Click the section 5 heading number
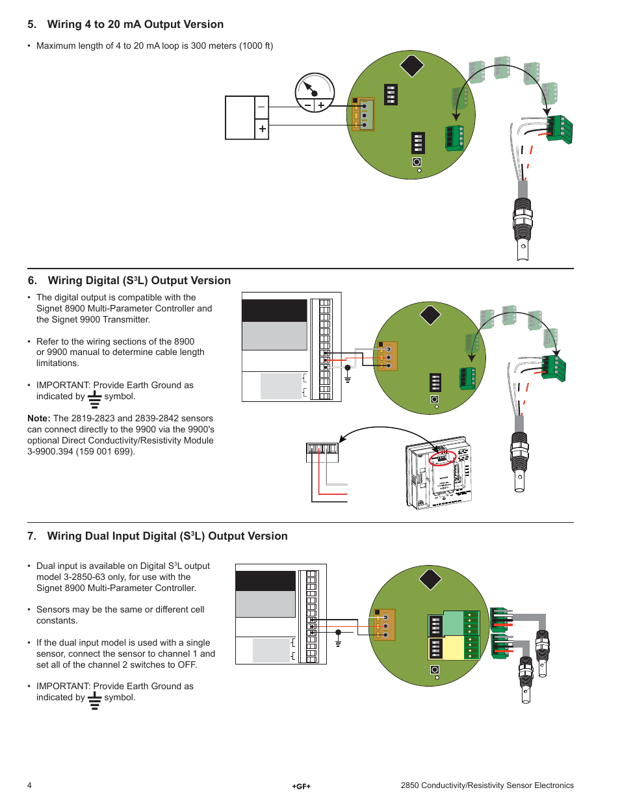pos(31,25)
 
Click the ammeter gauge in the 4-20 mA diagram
pos(315,92)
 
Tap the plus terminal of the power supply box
pos(262,129)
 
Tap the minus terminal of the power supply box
pos(262,107)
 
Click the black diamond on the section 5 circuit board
pos(411,66)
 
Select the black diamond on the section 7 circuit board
pos(430,579)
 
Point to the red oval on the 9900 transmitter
pos(443,458)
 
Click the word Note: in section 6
pos(38,419)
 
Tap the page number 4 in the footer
pos(29,785)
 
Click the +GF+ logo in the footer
pos(301,786)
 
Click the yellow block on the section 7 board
pos(453,648)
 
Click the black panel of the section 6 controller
pos(274,311)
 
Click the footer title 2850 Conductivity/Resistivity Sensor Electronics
pos(487,785)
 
